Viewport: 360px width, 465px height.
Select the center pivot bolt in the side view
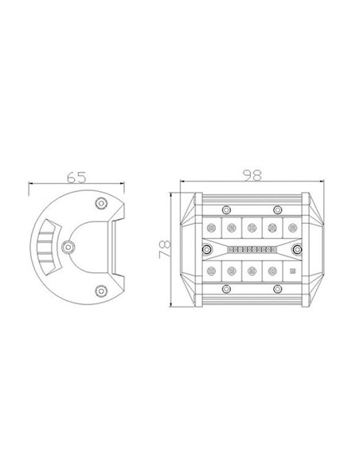[68, 247]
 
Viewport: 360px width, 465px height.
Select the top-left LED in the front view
[212, 228]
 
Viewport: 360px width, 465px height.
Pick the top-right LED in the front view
[292, 228]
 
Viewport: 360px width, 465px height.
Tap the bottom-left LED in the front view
[212, 272]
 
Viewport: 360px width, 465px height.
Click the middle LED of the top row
[252, 228]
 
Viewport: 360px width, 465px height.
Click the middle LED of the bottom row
[252, 272]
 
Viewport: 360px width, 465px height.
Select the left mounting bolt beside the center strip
[205, 250]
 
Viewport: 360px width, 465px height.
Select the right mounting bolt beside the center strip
[298, 250]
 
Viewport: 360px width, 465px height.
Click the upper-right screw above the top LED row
[276, 210]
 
